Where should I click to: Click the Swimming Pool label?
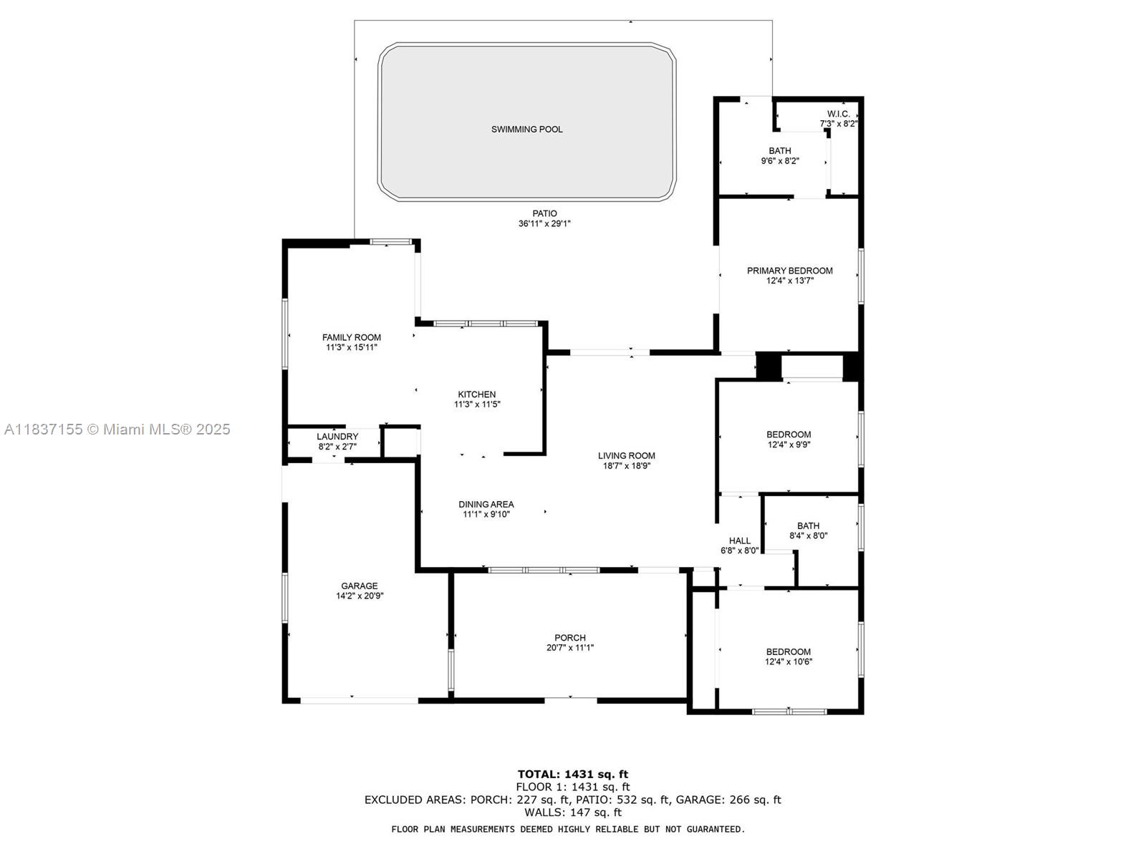click(x=526, y=130)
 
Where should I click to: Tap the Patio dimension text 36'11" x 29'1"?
click(x=544, y=224)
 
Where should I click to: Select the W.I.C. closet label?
click(x=838, y=114)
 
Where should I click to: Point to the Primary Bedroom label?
click(x=789, y=271)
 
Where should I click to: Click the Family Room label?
click(x=351, y=337)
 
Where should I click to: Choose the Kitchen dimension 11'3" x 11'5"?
click(x=477, y=404)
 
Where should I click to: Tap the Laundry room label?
click(x=337, y=437)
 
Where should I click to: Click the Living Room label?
click(x=626, y=456)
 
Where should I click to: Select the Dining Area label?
click(x=486, y=505)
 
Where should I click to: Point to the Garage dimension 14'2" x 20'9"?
click(x=360, y=596)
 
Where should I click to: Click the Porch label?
click(x=569, y=638)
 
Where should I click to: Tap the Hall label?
click(x=739, y=541)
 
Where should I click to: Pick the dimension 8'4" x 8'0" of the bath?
click(x=808, y=535)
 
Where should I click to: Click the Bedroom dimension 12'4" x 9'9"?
click(x=789, y=445)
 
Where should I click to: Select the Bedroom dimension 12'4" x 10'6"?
click(x=789, y=662)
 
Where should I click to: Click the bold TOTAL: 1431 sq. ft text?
click(x=573, y=775)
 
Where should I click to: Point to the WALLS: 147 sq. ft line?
click(x=573, y=812)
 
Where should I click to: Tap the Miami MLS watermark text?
click(x=117, y=429)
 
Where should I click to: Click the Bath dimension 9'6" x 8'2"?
click(x=779, y=161)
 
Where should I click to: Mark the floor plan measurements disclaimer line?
click(x=568, y=829)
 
